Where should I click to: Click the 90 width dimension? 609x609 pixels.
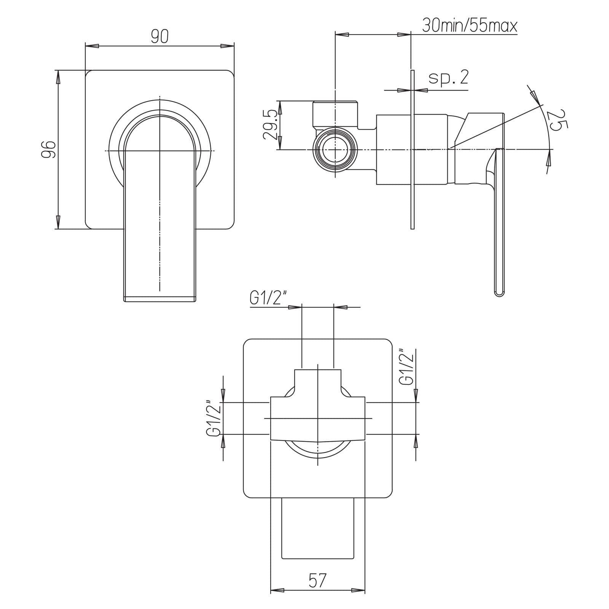159,37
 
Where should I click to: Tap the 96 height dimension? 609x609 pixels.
49,149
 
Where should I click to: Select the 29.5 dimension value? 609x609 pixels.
271,125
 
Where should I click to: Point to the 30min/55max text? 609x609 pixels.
470,26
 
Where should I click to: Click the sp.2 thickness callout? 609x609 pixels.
448,78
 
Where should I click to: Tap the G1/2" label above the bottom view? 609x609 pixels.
268,298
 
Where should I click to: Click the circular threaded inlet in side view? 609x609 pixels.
335,150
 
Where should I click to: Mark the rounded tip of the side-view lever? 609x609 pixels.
499,292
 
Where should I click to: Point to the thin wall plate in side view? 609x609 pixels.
412,150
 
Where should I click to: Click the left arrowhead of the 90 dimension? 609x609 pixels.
92,46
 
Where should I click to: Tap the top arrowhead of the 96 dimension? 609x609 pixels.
58,77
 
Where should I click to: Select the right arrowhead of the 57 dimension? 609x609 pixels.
358,601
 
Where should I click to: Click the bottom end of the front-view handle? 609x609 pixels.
160,300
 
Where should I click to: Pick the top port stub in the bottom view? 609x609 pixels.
318,383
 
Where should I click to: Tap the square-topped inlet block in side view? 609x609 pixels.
335,113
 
